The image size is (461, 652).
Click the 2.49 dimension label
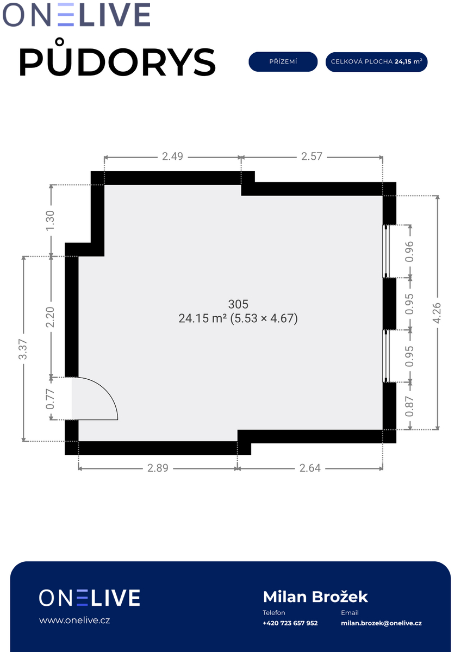tap(172, 156)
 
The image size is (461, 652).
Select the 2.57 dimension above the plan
tap(312, 156)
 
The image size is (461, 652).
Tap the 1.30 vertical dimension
tap(50, 221)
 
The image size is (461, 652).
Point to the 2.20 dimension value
tap(50, 317)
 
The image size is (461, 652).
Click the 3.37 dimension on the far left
tap(23, 349)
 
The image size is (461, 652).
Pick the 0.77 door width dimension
tap(50, 399)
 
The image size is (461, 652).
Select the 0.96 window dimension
tap(409, 252)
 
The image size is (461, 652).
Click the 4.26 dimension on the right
tap(437, 312)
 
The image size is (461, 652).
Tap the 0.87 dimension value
tap(409, 406)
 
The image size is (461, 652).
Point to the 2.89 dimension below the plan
tap(158, 468)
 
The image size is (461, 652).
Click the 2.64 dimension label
tap(310, 468)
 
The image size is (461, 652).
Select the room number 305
tap(238, 304)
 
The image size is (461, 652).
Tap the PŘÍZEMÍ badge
tap(283, 62)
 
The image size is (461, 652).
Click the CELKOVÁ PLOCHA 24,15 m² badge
tap(376, 62)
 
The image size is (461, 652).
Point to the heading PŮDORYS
tap(117, 58)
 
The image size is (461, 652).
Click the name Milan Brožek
tap(315, 597)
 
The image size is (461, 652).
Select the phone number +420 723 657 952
tap(290, 623)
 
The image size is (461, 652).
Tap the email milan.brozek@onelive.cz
tap(381, 623)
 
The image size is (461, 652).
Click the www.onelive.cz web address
tap(74, 620)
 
